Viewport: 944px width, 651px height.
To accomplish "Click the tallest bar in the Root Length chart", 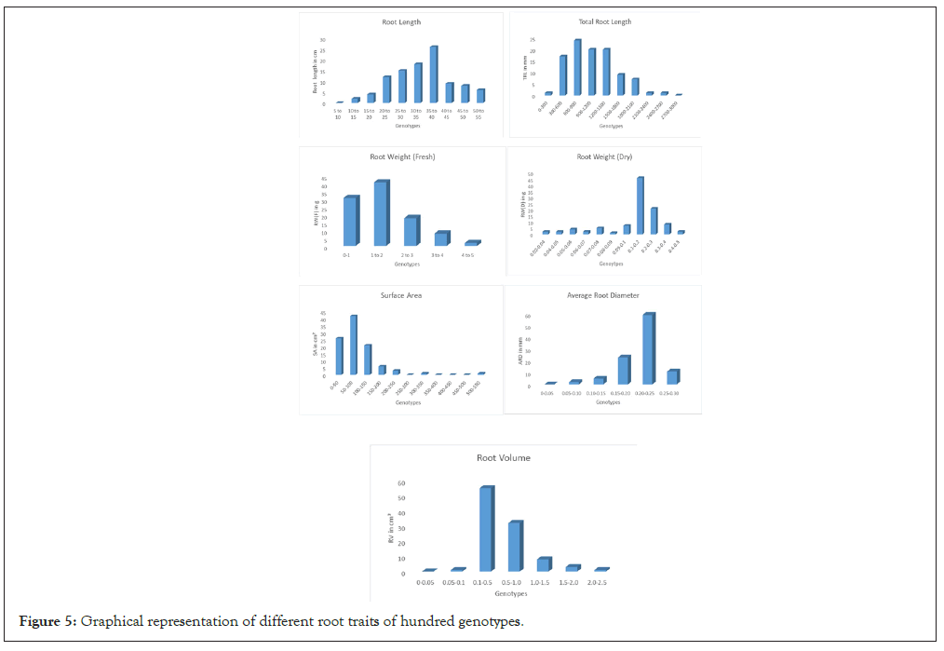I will point(434,75).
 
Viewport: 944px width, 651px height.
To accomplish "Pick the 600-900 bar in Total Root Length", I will point(577,67).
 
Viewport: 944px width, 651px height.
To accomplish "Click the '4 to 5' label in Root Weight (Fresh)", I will point(472,254).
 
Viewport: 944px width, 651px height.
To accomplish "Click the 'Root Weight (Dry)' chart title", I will point(604,157).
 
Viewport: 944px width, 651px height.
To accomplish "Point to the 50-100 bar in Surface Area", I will point(353,345).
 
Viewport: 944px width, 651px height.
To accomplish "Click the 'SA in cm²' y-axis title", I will point(315,346).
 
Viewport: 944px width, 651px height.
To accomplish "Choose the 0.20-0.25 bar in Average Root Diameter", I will point(648,349).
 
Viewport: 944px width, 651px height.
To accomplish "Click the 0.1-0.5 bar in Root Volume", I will point(486,529).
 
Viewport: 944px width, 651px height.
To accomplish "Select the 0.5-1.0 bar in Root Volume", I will point(515,547).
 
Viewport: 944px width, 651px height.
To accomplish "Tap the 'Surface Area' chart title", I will point(401,295).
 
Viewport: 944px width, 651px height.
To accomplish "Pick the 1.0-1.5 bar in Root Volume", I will point(544,564).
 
